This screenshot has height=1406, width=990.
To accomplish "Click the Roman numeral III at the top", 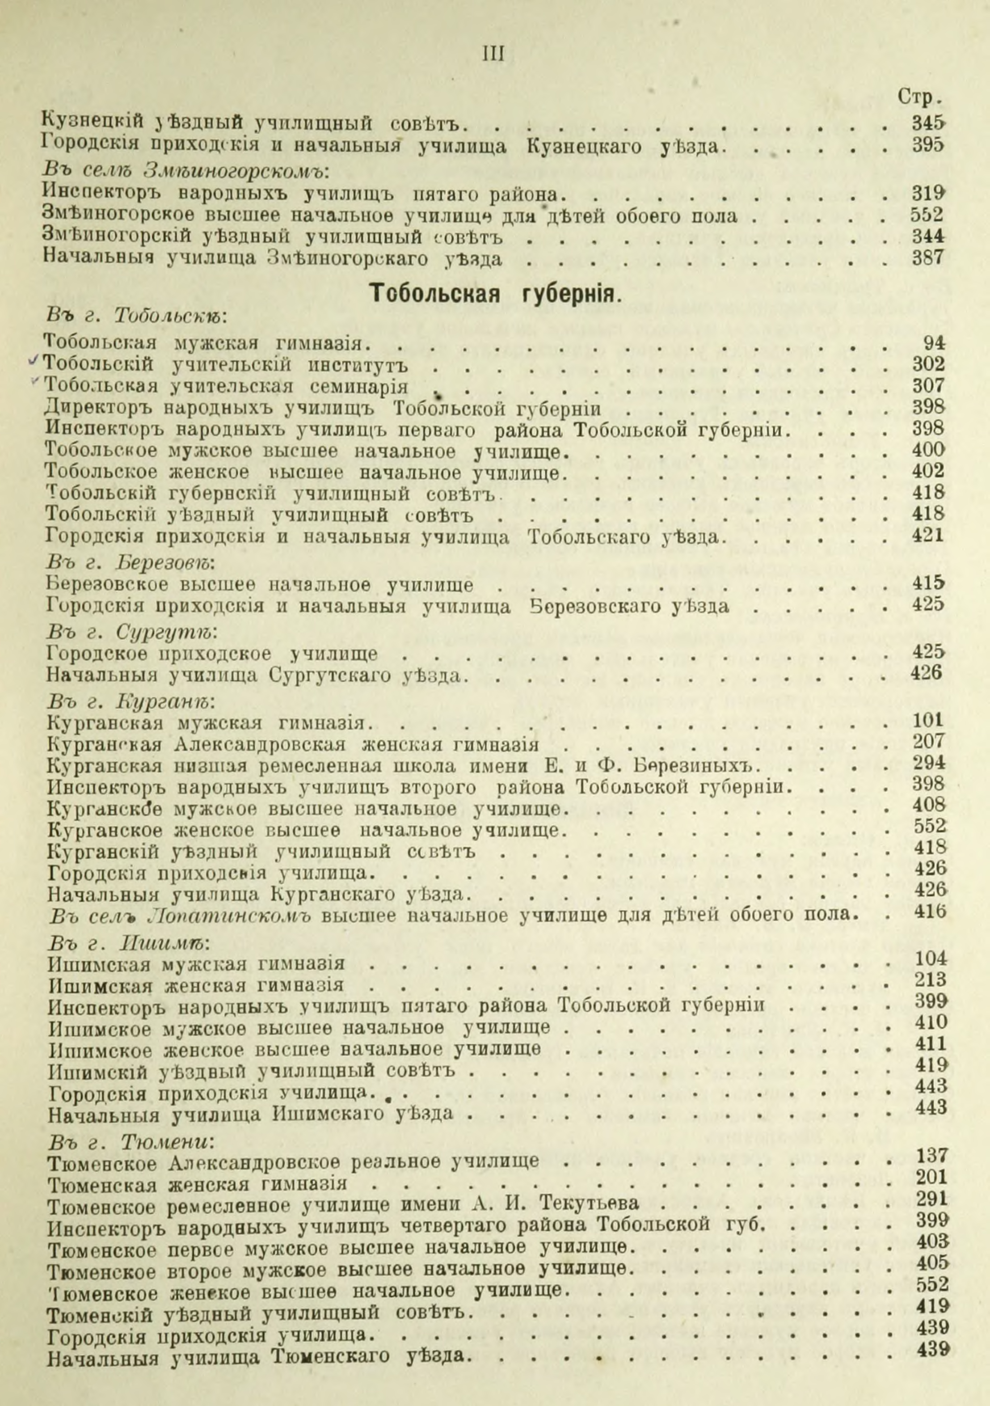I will click(x=493, y=55).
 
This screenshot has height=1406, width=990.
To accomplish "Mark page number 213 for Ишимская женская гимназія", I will click(x=931, y=980).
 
